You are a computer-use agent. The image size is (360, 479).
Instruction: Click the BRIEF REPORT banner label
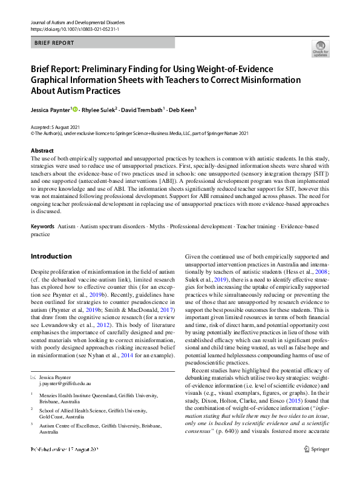[54, 43]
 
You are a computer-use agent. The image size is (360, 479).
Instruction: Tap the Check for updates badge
[320, 49]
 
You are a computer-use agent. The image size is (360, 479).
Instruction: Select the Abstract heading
[42, 150]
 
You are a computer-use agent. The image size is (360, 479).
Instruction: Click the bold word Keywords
[42, 225]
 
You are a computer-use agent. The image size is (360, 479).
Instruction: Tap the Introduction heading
[51, 256]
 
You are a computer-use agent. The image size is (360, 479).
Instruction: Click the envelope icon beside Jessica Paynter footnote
[34, 377]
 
